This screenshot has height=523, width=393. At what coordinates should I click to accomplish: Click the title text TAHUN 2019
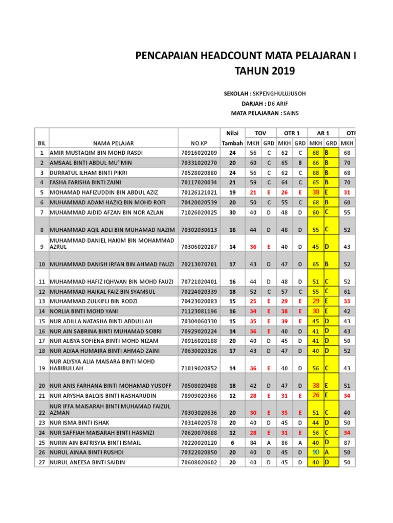pyautogui.click(x=265, y=71)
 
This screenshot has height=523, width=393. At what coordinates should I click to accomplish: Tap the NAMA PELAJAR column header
pyautogui.click(x=113, y=143)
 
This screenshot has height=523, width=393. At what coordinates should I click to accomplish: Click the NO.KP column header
pyautogui.click(x=199, y=143)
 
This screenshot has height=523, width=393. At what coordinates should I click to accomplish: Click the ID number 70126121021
pyautogui.click(x=199, y=193)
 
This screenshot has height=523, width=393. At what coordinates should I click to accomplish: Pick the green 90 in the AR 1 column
pyautogui.click(x=316, y=453)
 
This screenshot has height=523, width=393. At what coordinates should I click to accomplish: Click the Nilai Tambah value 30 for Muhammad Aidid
pyautogui.click(x=232, y=212)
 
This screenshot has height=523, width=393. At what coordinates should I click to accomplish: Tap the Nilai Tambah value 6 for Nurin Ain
pyautogui.click(x=232, y=443)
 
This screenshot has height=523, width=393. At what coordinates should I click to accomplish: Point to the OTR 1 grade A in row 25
pyautogui.click(x=300, y=443)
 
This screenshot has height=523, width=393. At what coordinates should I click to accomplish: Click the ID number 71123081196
pyautogui.click(x=199, y=311)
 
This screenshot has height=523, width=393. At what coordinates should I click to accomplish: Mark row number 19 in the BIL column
pyautogui.click(x=41, y=368)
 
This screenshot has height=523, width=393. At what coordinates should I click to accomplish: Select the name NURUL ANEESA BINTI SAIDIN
pyautogui.click(x=88, y=463)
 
